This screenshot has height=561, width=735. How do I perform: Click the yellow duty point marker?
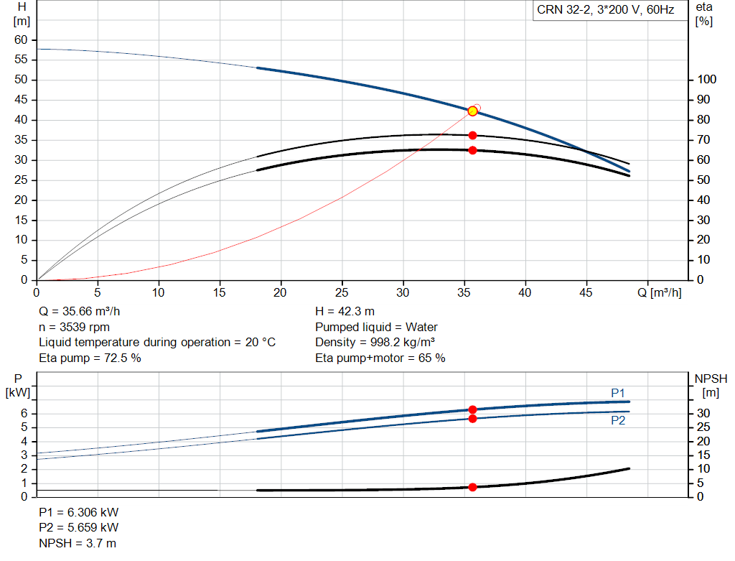[472, 111]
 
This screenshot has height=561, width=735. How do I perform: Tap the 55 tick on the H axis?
[21, 59]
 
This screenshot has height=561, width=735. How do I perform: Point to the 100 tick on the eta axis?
[706, 79]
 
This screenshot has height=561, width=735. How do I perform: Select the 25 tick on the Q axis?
[342, 292]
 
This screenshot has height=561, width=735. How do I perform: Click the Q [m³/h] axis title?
[660, 292]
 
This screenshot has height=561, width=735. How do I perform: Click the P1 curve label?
[618, 393]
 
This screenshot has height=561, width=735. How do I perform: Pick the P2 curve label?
[618, 420]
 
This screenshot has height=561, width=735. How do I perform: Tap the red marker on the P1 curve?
[472, 409]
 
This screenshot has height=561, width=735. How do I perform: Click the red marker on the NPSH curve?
[472, 487]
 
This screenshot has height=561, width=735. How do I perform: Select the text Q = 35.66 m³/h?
[79, 312]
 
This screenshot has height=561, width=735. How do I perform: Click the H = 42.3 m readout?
[345, 312]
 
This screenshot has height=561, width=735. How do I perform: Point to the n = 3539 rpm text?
[74, 327]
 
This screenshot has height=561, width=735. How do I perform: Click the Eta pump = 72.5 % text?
[90, 358]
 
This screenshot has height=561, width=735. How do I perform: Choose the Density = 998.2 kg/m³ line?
[375, 343]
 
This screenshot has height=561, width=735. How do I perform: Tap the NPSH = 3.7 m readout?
[78, 543]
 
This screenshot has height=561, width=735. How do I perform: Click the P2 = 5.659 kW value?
[79, 527]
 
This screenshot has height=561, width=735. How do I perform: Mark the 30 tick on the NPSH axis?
[703, 413]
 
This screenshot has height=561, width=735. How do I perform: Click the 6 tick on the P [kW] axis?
[24, 413]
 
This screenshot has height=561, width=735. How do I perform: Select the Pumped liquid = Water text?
[376, 327]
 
